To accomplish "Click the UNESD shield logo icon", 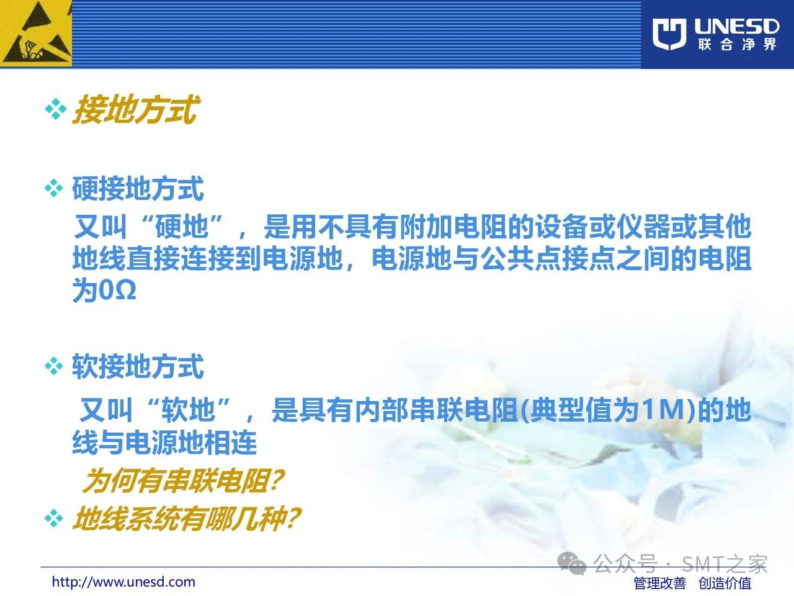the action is (669, 34).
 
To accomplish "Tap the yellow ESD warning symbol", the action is (36, 34).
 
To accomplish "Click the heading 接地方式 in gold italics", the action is (136, 110).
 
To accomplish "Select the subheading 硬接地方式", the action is (138, 189).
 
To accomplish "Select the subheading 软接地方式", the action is (138, 366).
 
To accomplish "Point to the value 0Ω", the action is (118, 291).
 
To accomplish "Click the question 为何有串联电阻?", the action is (182, 481).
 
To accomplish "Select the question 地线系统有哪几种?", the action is (186, 519).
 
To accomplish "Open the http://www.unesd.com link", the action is (123, 582).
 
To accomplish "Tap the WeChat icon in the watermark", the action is (571, 564).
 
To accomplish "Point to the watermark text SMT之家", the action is (724, 564).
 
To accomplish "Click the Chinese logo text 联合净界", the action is (737, 45).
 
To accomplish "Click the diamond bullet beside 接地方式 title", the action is (56, 109).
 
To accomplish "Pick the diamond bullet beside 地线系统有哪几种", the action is (54, 518).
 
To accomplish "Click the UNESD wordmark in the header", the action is (737, 27).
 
